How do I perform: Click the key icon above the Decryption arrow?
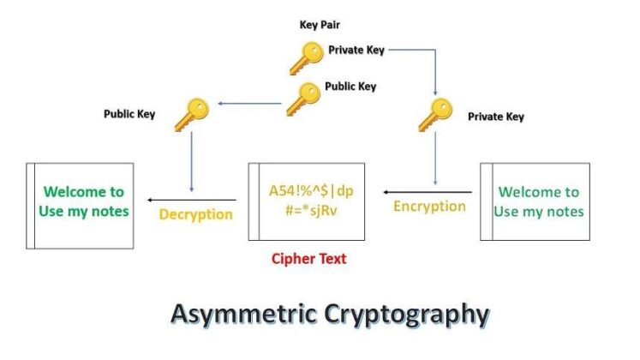click(x=191, y=114)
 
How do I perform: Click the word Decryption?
click(x=196, y=214)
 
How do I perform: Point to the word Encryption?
click(x=429, y=207)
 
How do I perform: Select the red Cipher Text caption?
click(x=308, y=259)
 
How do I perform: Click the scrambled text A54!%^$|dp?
click(x=306, y=191)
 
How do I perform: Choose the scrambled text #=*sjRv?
click(x=306, y=212)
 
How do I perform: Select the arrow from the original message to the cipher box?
click(x=427, y=192)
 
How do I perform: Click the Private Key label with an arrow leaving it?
click(x=356, y=50)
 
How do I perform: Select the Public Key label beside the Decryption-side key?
click(x=129, y=114)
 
